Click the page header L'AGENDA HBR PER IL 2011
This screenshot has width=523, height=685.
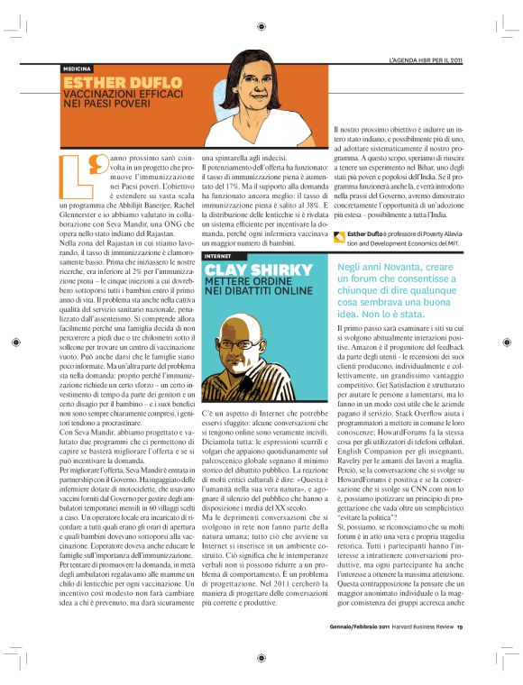425,60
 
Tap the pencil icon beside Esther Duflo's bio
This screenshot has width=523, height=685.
338,236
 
